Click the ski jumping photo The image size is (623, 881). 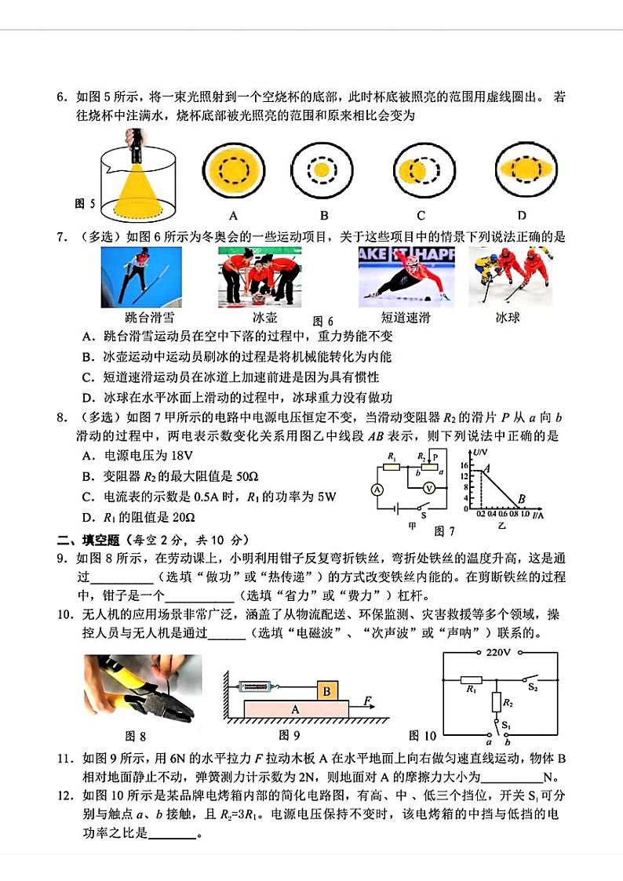(x=141, y=277)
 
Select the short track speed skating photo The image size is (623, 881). (x=406, y=277)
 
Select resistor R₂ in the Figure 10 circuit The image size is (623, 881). (x=495, y=702)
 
